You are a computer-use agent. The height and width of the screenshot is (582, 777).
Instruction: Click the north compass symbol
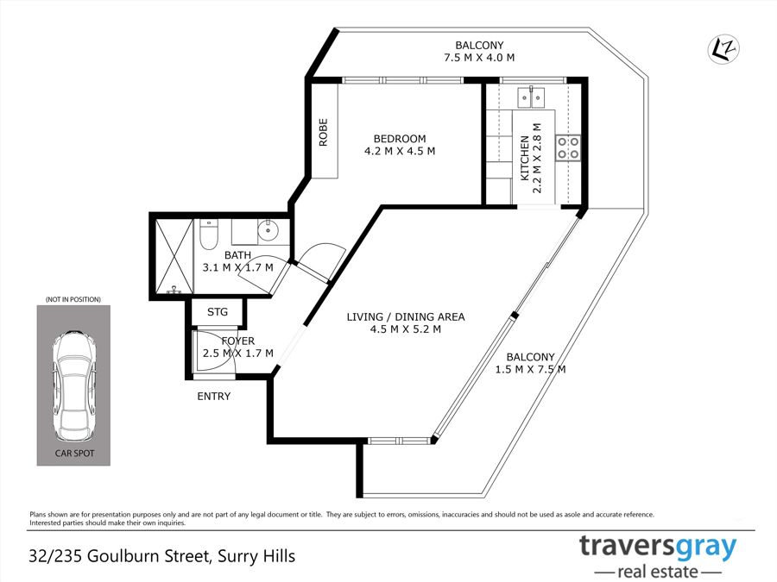pos(723,49)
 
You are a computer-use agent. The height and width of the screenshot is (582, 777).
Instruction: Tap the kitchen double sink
pos(531,97)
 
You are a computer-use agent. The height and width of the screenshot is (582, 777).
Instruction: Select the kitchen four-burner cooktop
pos(568,147)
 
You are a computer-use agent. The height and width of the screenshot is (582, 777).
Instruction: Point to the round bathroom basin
pos(268,229)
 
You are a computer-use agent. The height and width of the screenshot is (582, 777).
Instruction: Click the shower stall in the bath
pos(174,256)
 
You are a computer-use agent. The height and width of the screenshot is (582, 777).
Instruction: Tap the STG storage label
pos(218,312)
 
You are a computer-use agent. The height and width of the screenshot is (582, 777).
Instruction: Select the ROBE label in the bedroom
pos(323,132)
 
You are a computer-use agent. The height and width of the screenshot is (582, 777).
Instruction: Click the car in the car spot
pos(74,386)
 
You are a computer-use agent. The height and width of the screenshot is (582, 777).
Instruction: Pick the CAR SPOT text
pos(74,454)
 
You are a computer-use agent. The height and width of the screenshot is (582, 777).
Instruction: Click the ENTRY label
pos(213,397)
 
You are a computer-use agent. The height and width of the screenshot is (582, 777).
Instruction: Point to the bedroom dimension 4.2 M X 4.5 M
pos(400,151)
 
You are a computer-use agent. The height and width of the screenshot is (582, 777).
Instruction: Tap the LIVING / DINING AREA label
pos(406,316)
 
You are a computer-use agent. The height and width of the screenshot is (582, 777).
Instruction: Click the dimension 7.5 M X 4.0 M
pos(479,58)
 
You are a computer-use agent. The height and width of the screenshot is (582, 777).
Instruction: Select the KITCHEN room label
pos(524,158)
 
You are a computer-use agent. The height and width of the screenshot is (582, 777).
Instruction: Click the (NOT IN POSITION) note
pos(73,299)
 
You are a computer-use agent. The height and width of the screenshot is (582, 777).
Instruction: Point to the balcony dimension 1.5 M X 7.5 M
pos(530,369)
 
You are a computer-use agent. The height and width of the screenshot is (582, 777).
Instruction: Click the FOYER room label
pos(238,341)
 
